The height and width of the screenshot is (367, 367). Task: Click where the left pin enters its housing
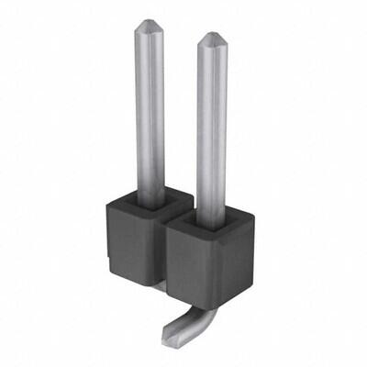pyautogui.click(x=150, y=195)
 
